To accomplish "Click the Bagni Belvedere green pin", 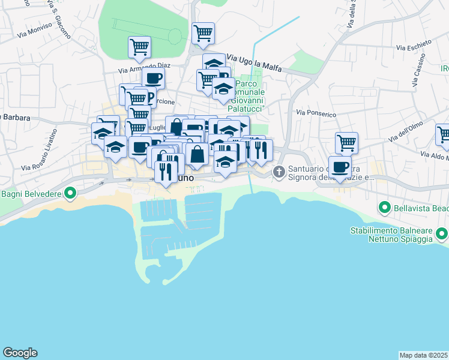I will tap(70, 193).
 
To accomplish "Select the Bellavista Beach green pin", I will tap(385, 208).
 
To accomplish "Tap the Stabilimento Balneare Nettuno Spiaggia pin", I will tap(442, 233).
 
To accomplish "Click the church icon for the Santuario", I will tap(279, 172).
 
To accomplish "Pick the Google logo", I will tap(20, 353).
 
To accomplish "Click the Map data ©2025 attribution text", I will tap(424, 355).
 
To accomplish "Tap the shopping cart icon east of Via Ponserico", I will tap(346, 143).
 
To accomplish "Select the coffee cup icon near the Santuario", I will tap(340, 166).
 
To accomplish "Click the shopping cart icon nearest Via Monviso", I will tap(139, 46).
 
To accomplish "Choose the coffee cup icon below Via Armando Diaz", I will tap(153, 77).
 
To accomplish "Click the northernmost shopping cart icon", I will tap(203, 32).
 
